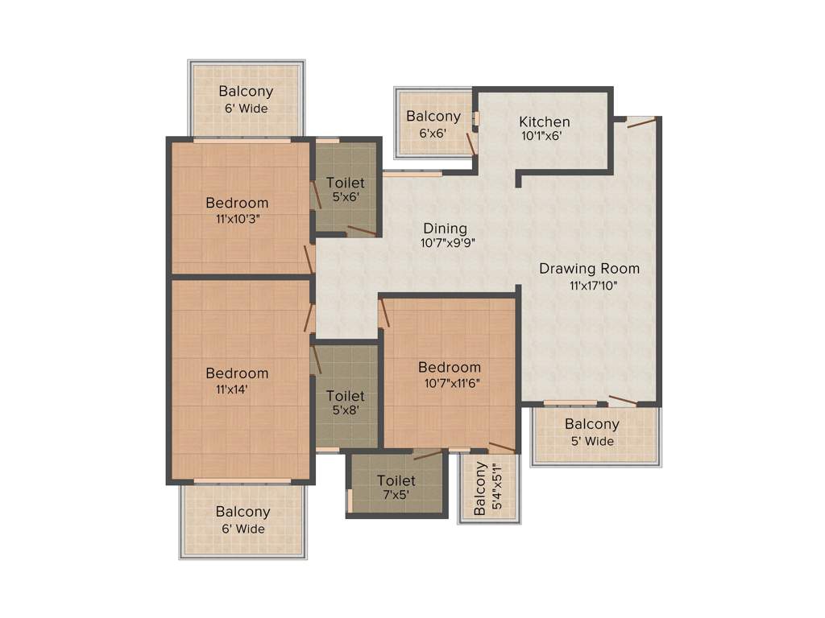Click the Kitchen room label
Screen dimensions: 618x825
(x=544, y=122)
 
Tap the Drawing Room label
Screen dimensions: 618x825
(x=589, y=269)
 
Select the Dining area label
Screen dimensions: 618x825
(x=445, y=229)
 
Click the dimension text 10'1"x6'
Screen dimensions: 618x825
(x=541, y=136)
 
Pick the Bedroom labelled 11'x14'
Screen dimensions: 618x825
(x=237, y=373)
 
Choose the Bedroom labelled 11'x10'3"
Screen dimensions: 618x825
(x=237, y=203)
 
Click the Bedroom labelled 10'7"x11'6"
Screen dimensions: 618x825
(x=450, y=368)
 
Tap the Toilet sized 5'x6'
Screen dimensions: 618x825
(x=345, y=183)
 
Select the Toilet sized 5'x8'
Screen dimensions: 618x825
(x=345, y=396)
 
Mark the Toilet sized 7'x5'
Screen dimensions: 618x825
(x=396, y=481)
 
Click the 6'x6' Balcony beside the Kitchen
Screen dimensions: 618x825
(x=433, y=117)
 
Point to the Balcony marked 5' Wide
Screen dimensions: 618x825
(x=591, y=425)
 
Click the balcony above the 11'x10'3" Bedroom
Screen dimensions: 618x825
(x=246, y=92)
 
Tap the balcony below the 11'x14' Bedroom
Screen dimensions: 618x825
(x=243, y=512)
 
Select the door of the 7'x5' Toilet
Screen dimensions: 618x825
(x=428, y=455)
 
